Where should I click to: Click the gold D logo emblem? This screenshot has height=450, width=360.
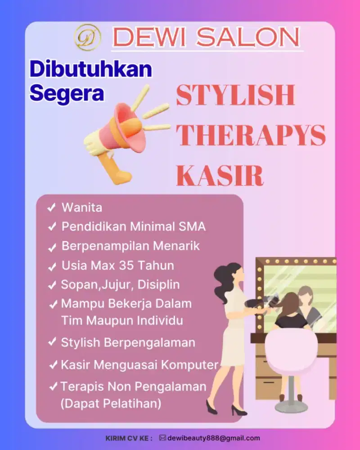click(88, 37)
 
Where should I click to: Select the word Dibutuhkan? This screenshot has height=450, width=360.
click(91, 69)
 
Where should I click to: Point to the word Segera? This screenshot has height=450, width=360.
click(67, 93)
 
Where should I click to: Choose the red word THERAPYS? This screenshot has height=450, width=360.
click(251, 135)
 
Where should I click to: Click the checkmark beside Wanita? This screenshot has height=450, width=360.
click(52, 207)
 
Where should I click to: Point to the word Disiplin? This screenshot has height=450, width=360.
click(158, 285)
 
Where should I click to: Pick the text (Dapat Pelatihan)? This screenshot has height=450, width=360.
click(111, 404)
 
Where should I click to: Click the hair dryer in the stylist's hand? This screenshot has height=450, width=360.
click(260, 303)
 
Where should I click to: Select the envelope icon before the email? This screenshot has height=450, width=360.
click(162, 438)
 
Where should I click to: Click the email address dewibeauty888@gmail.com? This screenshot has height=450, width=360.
click(214, 438)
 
